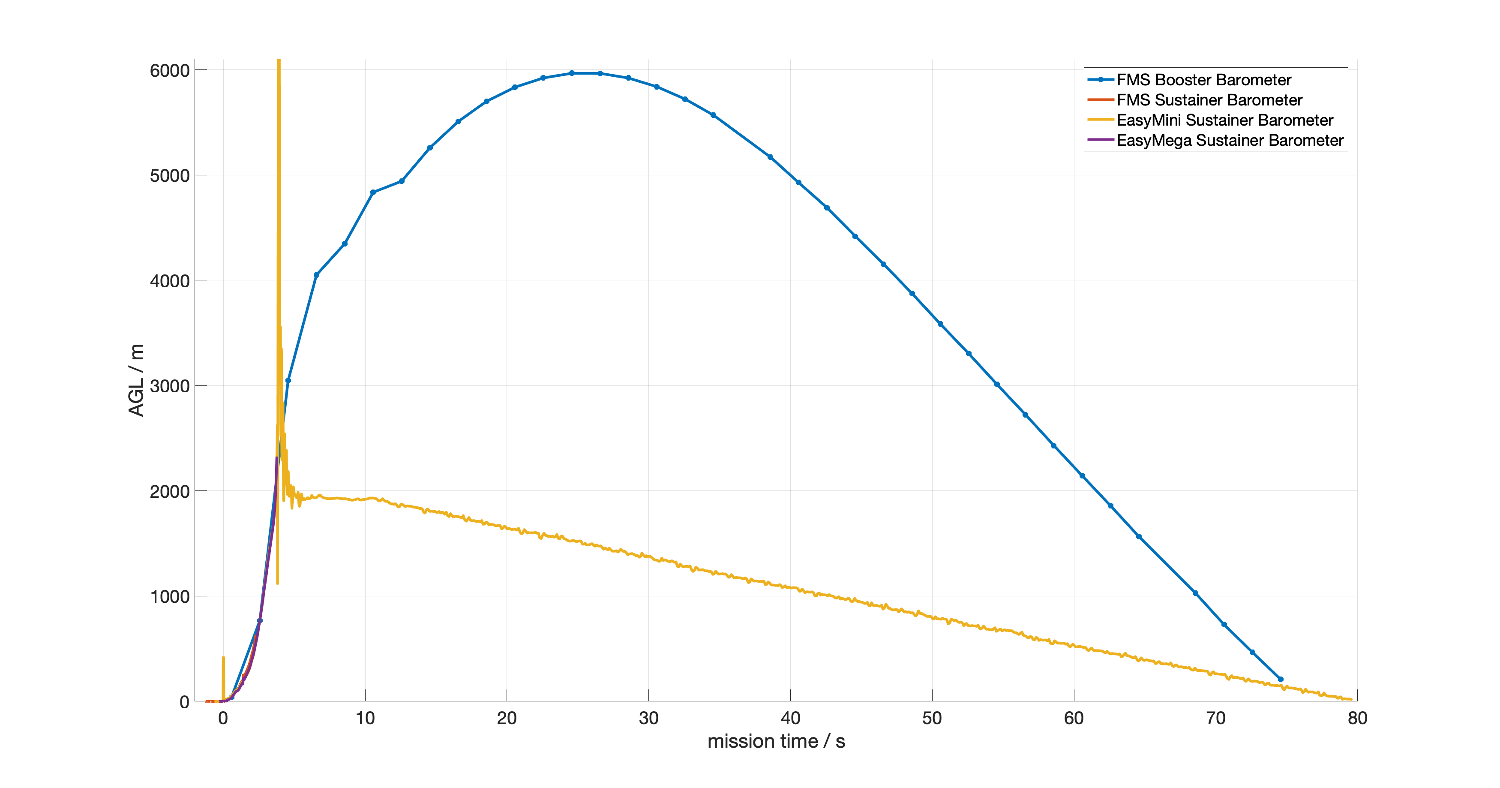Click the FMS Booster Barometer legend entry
click(x=1203, y=80)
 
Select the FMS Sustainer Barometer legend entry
click(x=1209, y=100)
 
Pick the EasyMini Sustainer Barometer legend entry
click(x=1224, y=120)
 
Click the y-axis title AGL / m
click(x=136, y=380)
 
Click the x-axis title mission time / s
click(x=776, y=741)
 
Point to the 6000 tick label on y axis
click(x=169, y=70)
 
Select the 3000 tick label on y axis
click(x=169, y=386)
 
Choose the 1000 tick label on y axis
click(x=169, y=596)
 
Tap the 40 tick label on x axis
click(x=790, y=718)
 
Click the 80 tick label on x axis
click(x=1357, y=718)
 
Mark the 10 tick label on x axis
click(x=365, y=718)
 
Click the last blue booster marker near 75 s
click(x=1281, y=679)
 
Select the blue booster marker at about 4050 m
click(x=316, y=275)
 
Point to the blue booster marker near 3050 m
click(x=288, y=380)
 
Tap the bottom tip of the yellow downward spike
click(x=277, y=583)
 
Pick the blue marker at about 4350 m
click(x=345, y=244)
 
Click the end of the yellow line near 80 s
click(x=1351, y=700)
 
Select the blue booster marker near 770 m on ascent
click(x=260, y=621)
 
